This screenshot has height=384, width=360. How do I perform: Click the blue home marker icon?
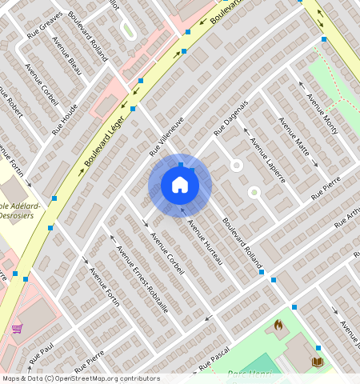coord(180,186)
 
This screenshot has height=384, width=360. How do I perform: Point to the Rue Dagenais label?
coord(231,117)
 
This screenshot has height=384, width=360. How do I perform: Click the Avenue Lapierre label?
coord(267,159)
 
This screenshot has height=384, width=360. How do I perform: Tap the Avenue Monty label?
coord(322,114)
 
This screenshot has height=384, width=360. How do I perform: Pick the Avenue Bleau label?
coord(66,55)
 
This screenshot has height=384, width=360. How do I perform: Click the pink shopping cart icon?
coord(17,329)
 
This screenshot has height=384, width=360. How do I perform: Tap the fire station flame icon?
coord(278,325)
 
